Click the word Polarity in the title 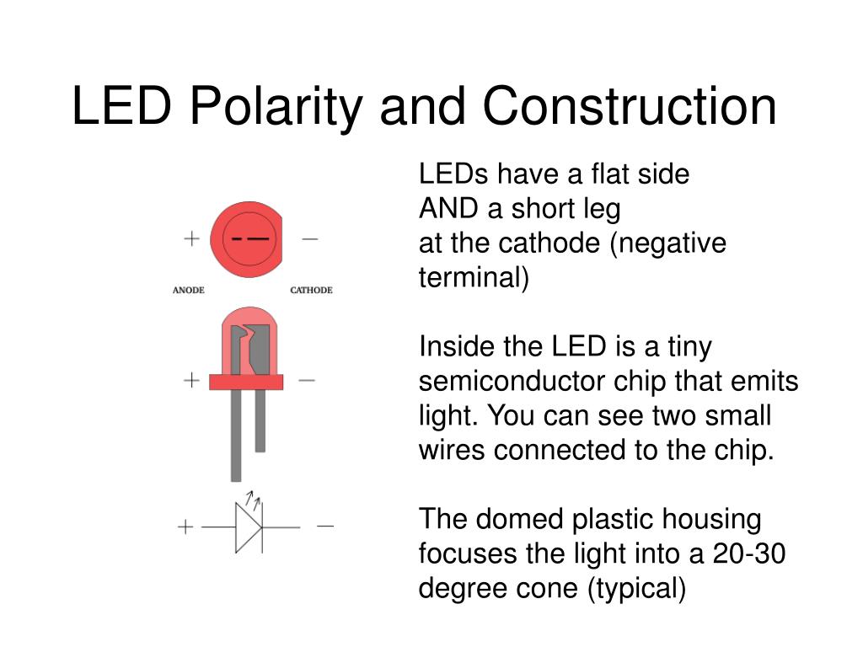pyautogui.click(x=276, y=108)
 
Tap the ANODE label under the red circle pyautogui.click(x=188, y=290)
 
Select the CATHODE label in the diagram pyautogui.click(x=311, y=290)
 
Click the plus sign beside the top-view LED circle pyautogui.click(x=191, y=238)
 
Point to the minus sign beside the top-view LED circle pyautogui.click(x=310, y=238)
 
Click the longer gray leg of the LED pyautogui.click(x=236, y=436)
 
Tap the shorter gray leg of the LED pyautogui.click(x=260, y=421)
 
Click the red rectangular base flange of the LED pyautogui.click(x=246, y=382)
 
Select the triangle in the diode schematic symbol pyautogui.click(x=247, y=527)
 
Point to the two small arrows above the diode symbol pyautogui.click(x=253, y=500)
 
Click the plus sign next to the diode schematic pyautogui.click(x=185, y=527)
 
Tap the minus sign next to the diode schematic pyautogui.click(x=325, y=527)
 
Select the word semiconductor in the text pyautogui.click(x=512, y=381)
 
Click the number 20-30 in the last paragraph pyautogui.click(x=749, y=553)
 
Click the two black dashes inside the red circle pyautogui.click(x=249, y=238)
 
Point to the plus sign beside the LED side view pyautogui.click(x=191, y=380)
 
